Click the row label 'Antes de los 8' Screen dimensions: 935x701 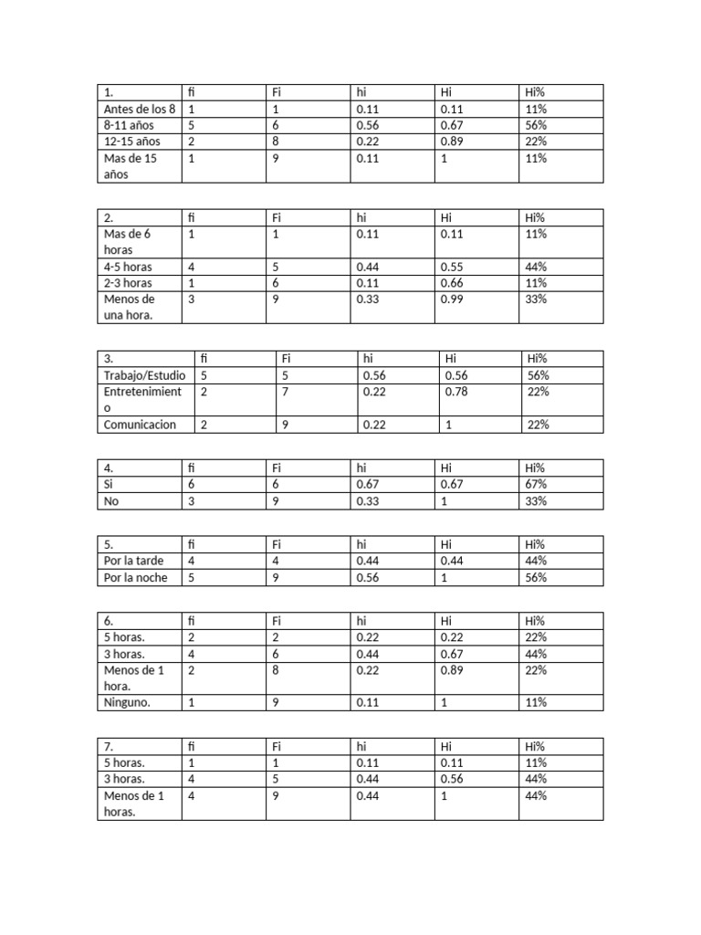click(x=139, y=109)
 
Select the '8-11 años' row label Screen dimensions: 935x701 click(x=129, y=125)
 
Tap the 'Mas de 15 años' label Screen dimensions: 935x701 click(x=131, y=166)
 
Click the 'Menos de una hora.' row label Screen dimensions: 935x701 click(x=131, y=307)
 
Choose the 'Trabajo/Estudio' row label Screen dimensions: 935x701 click(x=145, y=374)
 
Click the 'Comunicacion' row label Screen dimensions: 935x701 click(x=141, y=425)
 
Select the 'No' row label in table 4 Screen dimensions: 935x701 click(x=112, y=501)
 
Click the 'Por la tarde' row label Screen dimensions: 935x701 click(x=134, y=561)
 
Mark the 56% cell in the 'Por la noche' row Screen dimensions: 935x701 click(x=536, y=578)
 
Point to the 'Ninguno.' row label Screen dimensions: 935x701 click(x=128, y=702)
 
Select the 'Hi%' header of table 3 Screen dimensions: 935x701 click(x=539, y=358)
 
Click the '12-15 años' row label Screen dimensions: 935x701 click(x=132, y=142)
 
